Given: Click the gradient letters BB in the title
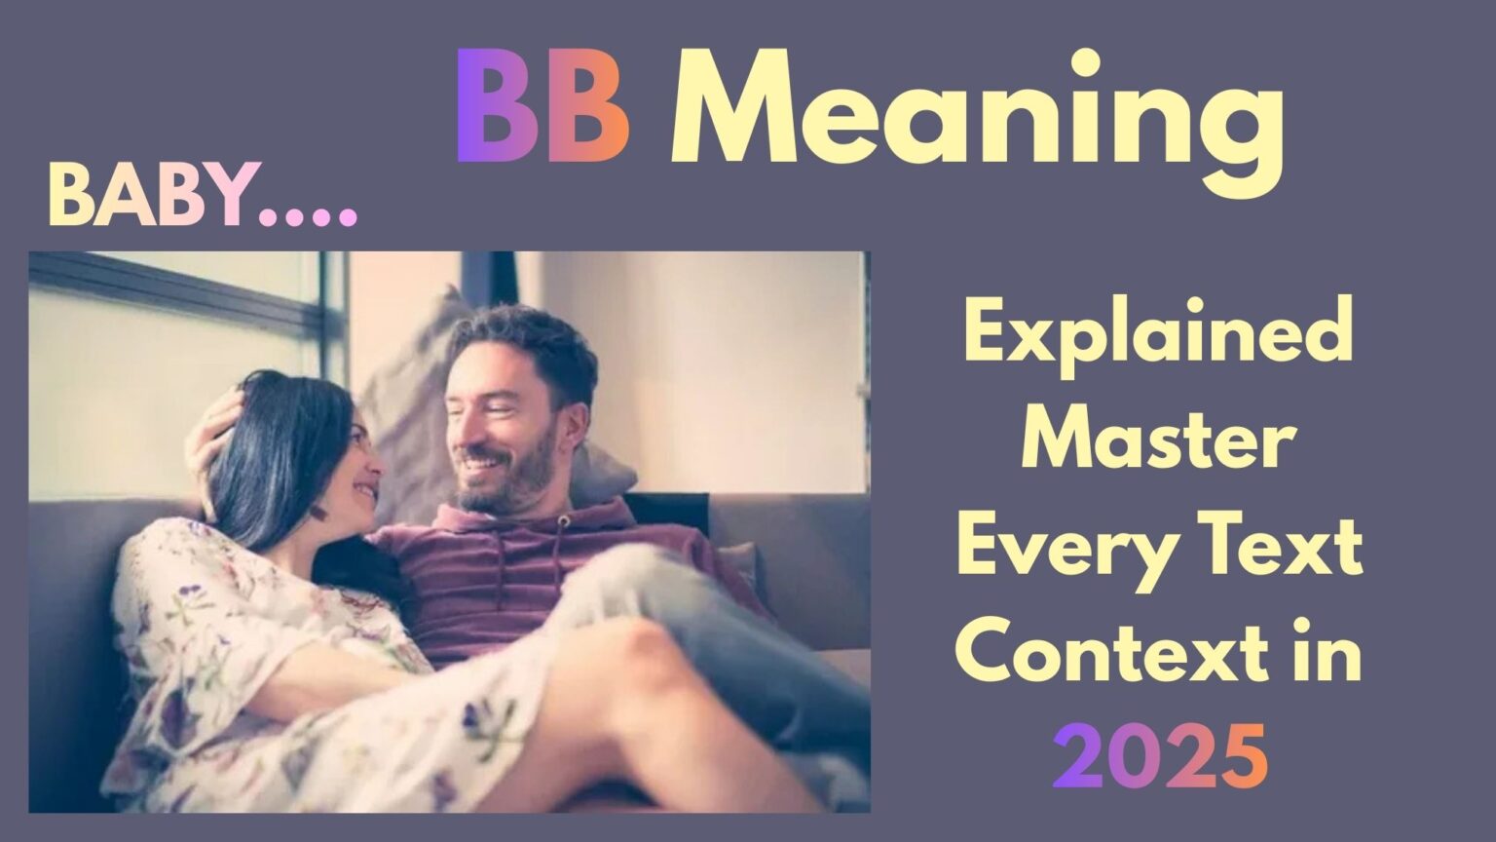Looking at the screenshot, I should coord(542,109).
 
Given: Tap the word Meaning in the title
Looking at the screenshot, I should coord(977,112).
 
